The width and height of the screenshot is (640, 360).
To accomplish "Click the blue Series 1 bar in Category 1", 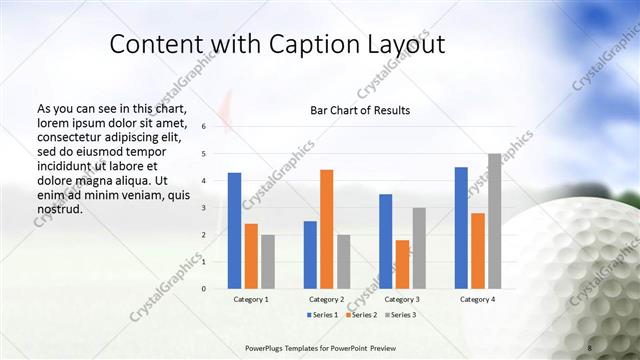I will click(x=234, y=230).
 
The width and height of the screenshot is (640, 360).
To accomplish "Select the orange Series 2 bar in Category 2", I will click(x=326, y=229).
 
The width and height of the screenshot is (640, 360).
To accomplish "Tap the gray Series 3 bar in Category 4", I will click(x=494, y=221).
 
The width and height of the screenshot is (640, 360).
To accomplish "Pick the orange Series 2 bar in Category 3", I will click(x=402, y=264).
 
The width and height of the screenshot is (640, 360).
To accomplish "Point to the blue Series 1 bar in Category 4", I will click(x=461, y=228).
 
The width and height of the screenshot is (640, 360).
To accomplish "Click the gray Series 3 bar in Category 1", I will click(x=267, y=261).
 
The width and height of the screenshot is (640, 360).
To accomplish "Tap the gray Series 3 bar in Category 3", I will click(x=419, y=248).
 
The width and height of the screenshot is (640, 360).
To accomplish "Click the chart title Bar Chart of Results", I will click(x=360, y=110).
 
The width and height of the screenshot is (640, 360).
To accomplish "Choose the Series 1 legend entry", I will click(x=321, y=315).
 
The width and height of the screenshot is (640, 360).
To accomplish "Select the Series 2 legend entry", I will click(x=361, y=315).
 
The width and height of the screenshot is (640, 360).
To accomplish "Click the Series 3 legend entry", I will click(x=401, y=315).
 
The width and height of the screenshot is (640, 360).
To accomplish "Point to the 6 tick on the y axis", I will click(x=203, y=127).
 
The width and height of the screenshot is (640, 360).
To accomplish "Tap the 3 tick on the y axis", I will click(x=203, y=208).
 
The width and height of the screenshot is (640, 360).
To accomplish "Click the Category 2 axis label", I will click(x=327, y=299).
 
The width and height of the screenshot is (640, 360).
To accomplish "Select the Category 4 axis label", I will click(x=478, y=299).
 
